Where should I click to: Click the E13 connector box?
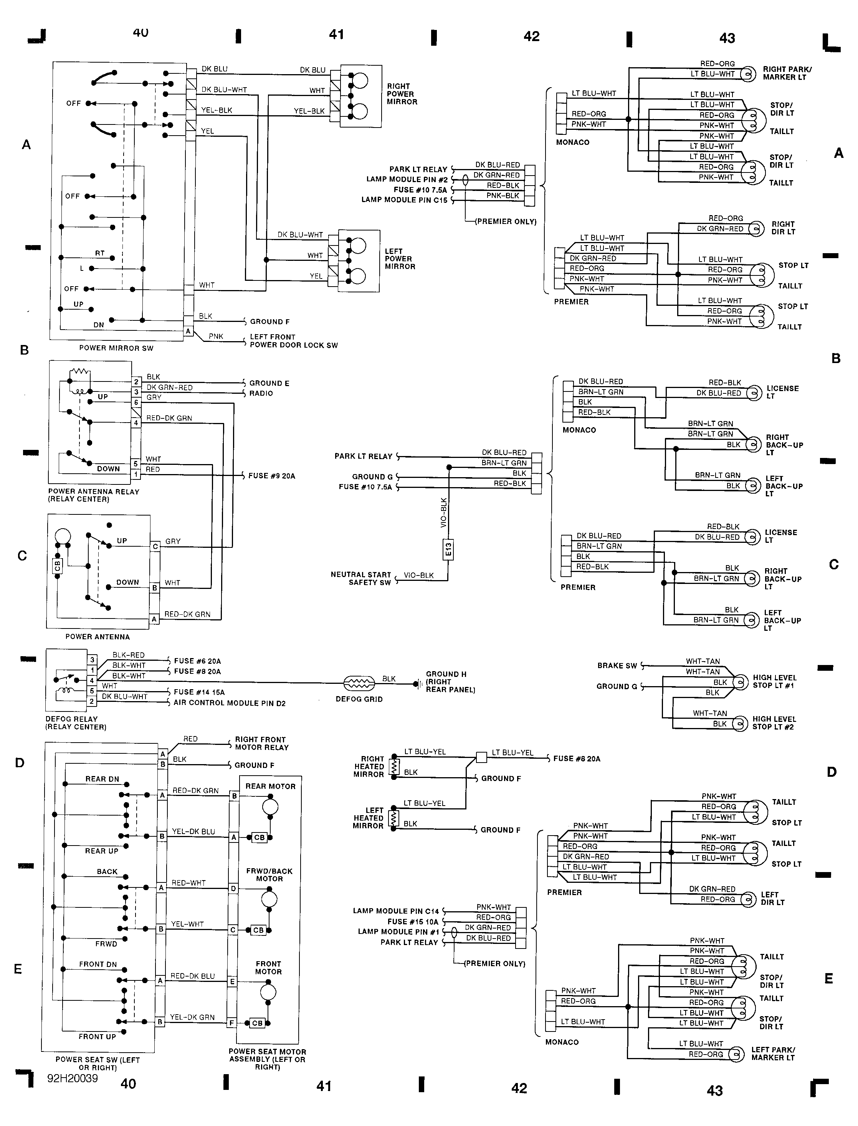tap(448, 549)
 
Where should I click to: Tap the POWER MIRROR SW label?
tap(116, 348)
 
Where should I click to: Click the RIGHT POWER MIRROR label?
tap(402, 94)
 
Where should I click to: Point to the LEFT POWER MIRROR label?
tap(400, 259)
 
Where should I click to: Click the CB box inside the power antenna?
tap(57, 566)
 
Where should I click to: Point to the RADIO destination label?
tap(261, 393)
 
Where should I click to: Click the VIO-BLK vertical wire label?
tap(443, 512)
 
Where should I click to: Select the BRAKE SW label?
tap(617, 665)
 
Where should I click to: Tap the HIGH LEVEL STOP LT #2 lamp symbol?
tap(739, 724)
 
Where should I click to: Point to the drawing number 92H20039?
tap(73, 1078)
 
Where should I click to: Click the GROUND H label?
tap(446, 674)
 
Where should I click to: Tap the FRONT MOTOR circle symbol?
tap(268, 993)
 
